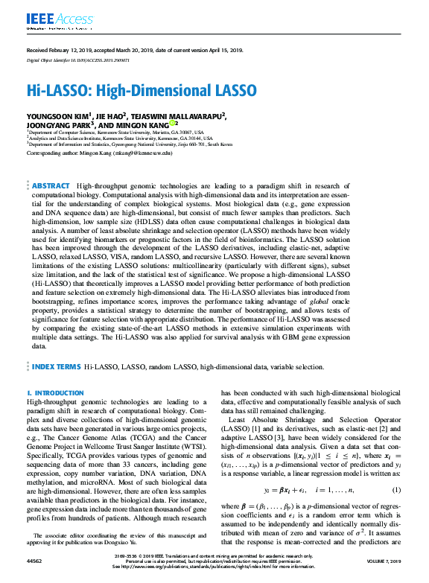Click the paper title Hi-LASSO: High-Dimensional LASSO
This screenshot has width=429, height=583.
tap(142, 91)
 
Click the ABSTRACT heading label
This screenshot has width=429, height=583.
tap(51, 185)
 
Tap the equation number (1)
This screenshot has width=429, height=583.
tap(396, 490)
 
